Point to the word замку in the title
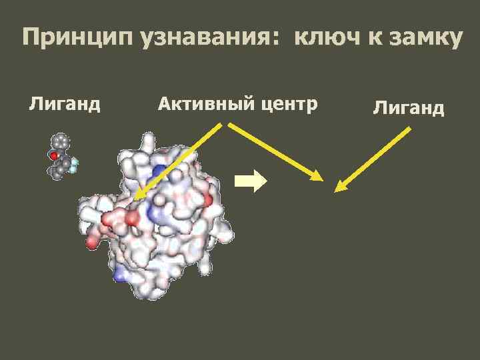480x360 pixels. click(424, 38)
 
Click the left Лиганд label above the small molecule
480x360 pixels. click(65, 104)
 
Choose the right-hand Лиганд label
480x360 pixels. click(409, 107)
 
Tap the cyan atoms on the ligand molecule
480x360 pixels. click(75, 163)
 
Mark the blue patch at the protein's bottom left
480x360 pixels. click(121, 274)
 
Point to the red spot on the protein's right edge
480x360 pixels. click(207, 199)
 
